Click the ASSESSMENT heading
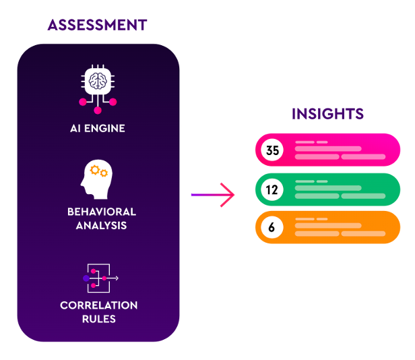(97, 26)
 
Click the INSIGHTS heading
(327, 114)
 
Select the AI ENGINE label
(98, 128)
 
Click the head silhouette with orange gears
(95, 179)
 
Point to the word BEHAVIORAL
(102, 212)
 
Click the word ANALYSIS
(101, 225)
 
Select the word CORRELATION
(99, 305)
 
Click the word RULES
(99, 319)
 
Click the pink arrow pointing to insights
(212, 196)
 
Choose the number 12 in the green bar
(272, 190)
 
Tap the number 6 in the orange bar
(272, 228)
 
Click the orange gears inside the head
(99, 171)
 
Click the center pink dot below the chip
(98, 110)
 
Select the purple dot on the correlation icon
(86, 278)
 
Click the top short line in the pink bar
(305, 142)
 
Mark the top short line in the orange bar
(305, 219)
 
